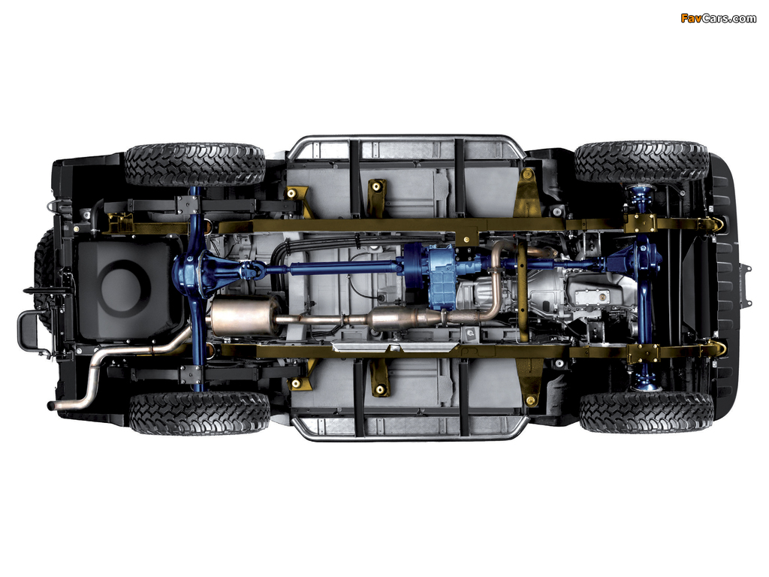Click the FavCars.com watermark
pos(718,19)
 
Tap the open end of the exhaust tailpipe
pos(51,406)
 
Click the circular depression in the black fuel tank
pos(125,289)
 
